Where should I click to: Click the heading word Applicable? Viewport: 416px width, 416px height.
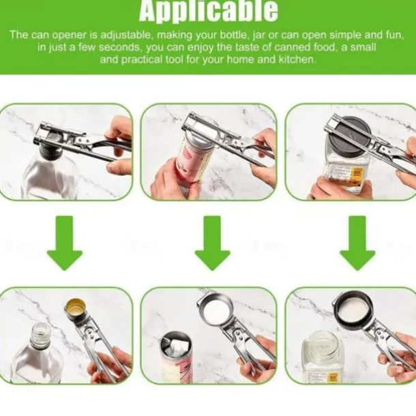click(x=208, y=11)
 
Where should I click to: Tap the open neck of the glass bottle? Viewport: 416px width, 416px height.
click(x=40, y=332)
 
